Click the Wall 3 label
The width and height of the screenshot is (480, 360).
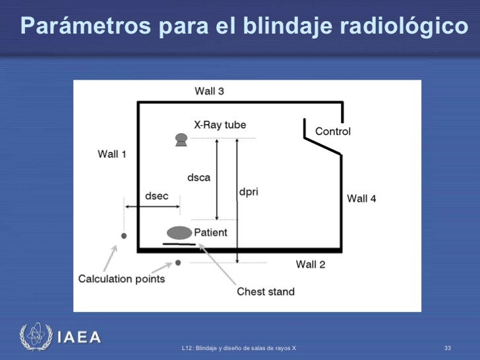point(209,91)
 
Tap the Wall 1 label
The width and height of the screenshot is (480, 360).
point(112,154)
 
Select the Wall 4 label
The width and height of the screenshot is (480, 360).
point(361,198)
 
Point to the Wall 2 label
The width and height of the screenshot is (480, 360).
point(311,264)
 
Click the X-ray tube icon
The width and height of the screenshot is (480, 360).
point(181,139)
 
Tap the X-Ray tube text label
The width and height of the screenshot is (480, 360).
point(220,125)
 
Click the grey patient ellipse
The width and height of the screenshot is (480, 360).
point(179,233)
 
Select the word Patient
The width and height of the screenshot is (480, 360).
point(210,232)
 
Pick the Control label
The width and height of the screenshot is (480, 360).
point(333,131)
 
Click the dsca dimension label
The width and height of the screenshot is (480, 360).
point(199,177)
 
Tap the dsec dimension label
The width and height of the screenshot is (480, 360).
point(156,196)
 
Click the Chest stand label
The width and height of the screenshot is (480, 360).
point(266,291)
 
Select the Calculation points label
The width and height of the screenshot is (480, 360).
point(121,279)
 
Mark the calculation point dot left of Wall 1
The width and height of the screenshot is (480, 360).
point(124,235)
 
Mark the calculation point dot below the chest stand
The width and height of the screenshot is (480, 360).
point(178,263)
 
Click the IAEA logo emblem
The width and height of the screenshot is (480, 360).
point(34,336)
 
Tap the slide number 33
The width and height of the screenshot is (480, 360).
point(448,347)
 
